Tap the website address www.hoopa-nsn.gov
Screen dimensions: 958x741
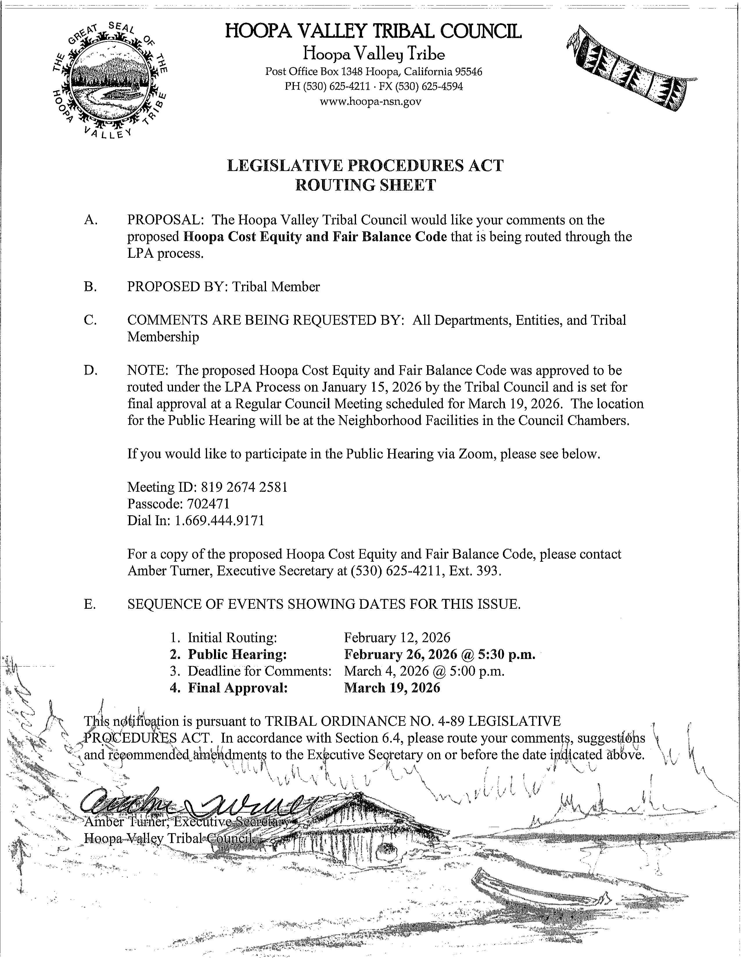tap(371, 102)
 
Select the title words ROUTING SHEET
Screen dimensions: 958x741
tap(366, 185)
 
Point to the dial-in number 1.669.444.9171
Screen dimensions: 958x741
tap(219, 521)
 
